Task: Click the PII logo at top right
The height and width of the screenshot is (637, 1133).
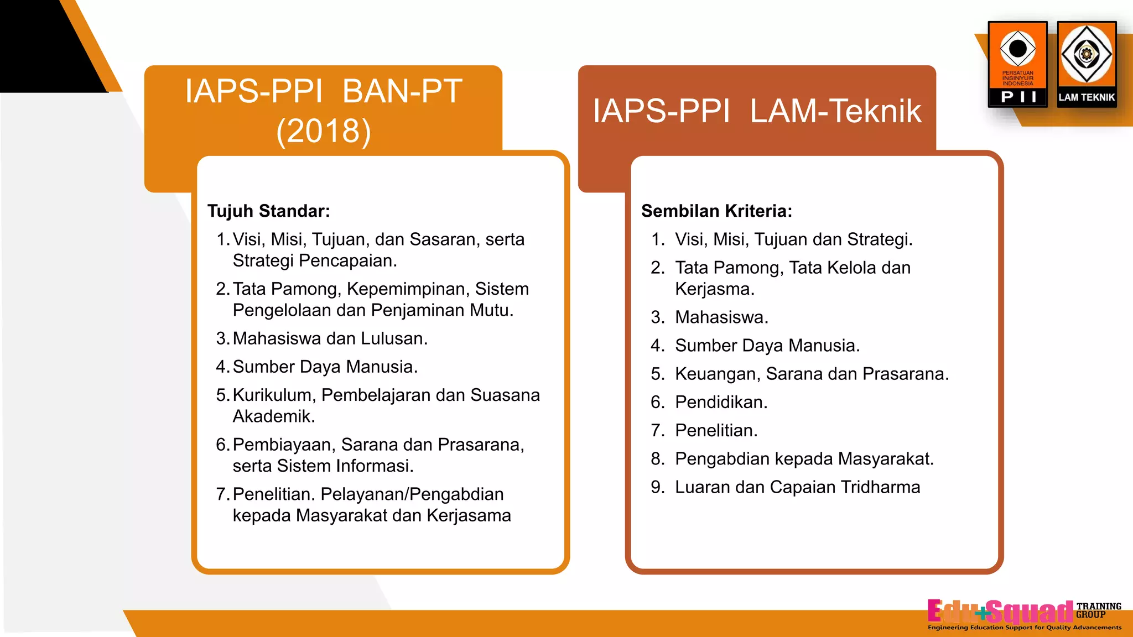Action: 1017,64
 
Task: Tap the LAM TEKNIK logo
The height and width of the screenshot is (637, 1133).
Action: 1087,64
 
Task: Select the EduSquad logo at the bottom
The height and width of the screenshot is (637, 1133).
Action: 1000,612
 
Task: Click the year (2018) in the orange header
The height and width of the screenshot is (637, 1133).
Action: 323,131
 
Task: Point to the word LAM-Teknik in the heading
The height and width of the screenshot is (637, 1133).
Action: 835,111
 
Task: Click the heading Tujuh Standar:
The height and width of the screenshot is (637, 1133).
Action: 268,211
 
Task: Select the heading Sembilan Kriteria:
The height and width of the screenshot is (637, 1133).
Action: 716,211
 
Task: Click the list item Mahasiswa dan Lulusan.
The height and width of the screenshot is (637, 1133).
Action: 330,338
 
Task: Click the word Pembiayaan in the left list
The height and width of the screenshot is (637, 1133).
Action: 283,445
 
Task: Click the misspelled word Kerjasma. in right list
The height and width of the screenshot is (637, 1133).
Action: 714,289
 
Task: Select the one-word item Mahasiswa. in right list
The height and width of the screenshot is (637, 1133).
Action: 721,317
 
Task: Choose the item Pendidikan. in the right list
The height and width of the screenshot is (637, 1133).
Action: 721,403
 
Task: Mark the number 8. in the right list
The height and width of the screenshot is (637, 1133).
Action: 658,459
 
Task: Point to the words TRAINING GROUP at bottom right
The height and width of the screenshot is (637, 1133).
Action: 1098,610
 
